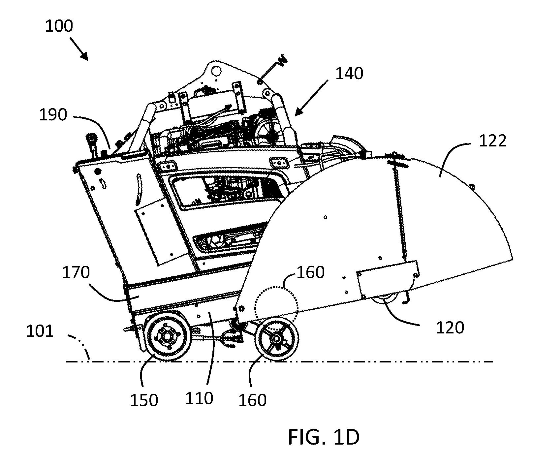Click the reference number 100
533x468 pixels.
coord(59,26)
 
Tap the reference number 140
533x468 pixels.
coord(349,74)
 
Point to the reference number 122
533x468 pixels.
coord(492,141)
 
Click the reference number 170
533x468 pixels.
coord(76,273)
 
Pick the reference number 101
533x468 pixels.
coord(40,331)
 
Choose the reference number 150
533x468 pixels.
coord(144,400)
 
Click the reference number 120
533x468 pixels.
coord(450,328)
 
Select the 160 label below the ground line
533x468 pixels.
coord(252,400)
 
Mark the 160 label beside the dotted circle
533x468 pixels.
coord(311,272)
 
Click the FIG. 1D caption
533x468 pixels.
coord(324,437)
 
